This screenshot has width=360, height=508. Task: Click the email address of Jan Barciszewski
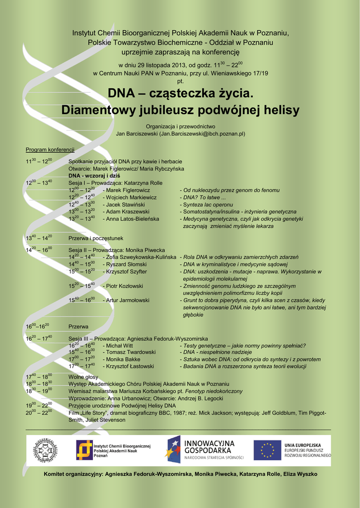click(x=202, y=133)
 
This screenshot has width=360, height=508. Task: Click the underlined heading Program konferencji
click(x=50, y=150)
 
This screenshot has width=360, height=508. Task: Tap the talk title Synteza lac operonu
click(x=208, y=204)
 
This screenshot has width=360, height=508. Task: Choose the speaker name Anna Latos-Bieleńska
click(x=133, y=219)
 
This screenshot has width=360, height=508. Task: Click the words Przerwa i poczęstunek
click(x=96, y=239)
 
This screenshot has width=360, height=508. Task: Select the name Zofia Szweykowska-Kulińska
click(x=141, y=257)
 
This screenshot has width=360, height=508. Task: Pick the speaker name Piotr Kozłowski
click(x=125, y=286)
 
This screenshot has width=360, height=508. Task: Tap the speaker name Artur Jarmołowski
click(x=128, y=300)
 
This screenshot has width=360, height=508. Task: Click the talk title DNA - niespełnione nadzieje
click(x=217, y=352)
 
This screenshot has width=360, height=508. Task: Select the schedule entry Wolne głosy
click(x=83, y=377)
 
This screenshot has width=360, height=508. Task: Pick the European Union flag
click(x=267, y=450)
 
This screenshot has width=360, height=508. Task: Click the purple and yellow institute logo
click(x=84, y=450)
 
